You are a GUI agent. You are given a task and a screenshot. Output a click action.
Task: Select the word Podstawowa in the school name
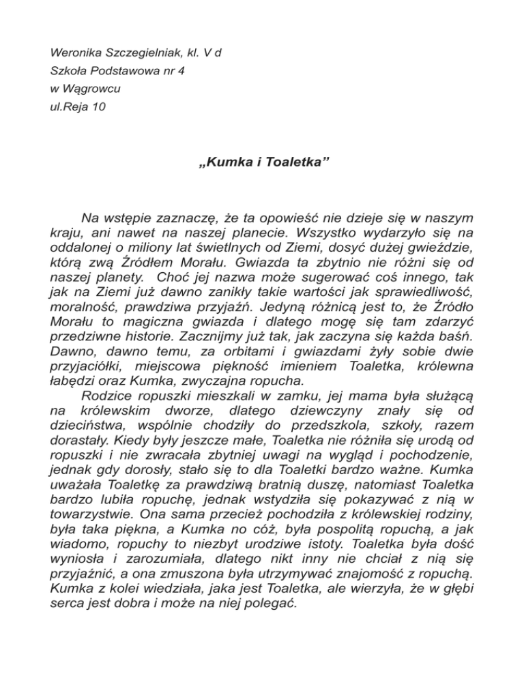(x=119, y=70)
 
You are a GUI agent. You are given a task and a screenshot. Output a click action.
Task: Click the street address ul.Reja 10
(x=79, y=106)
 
